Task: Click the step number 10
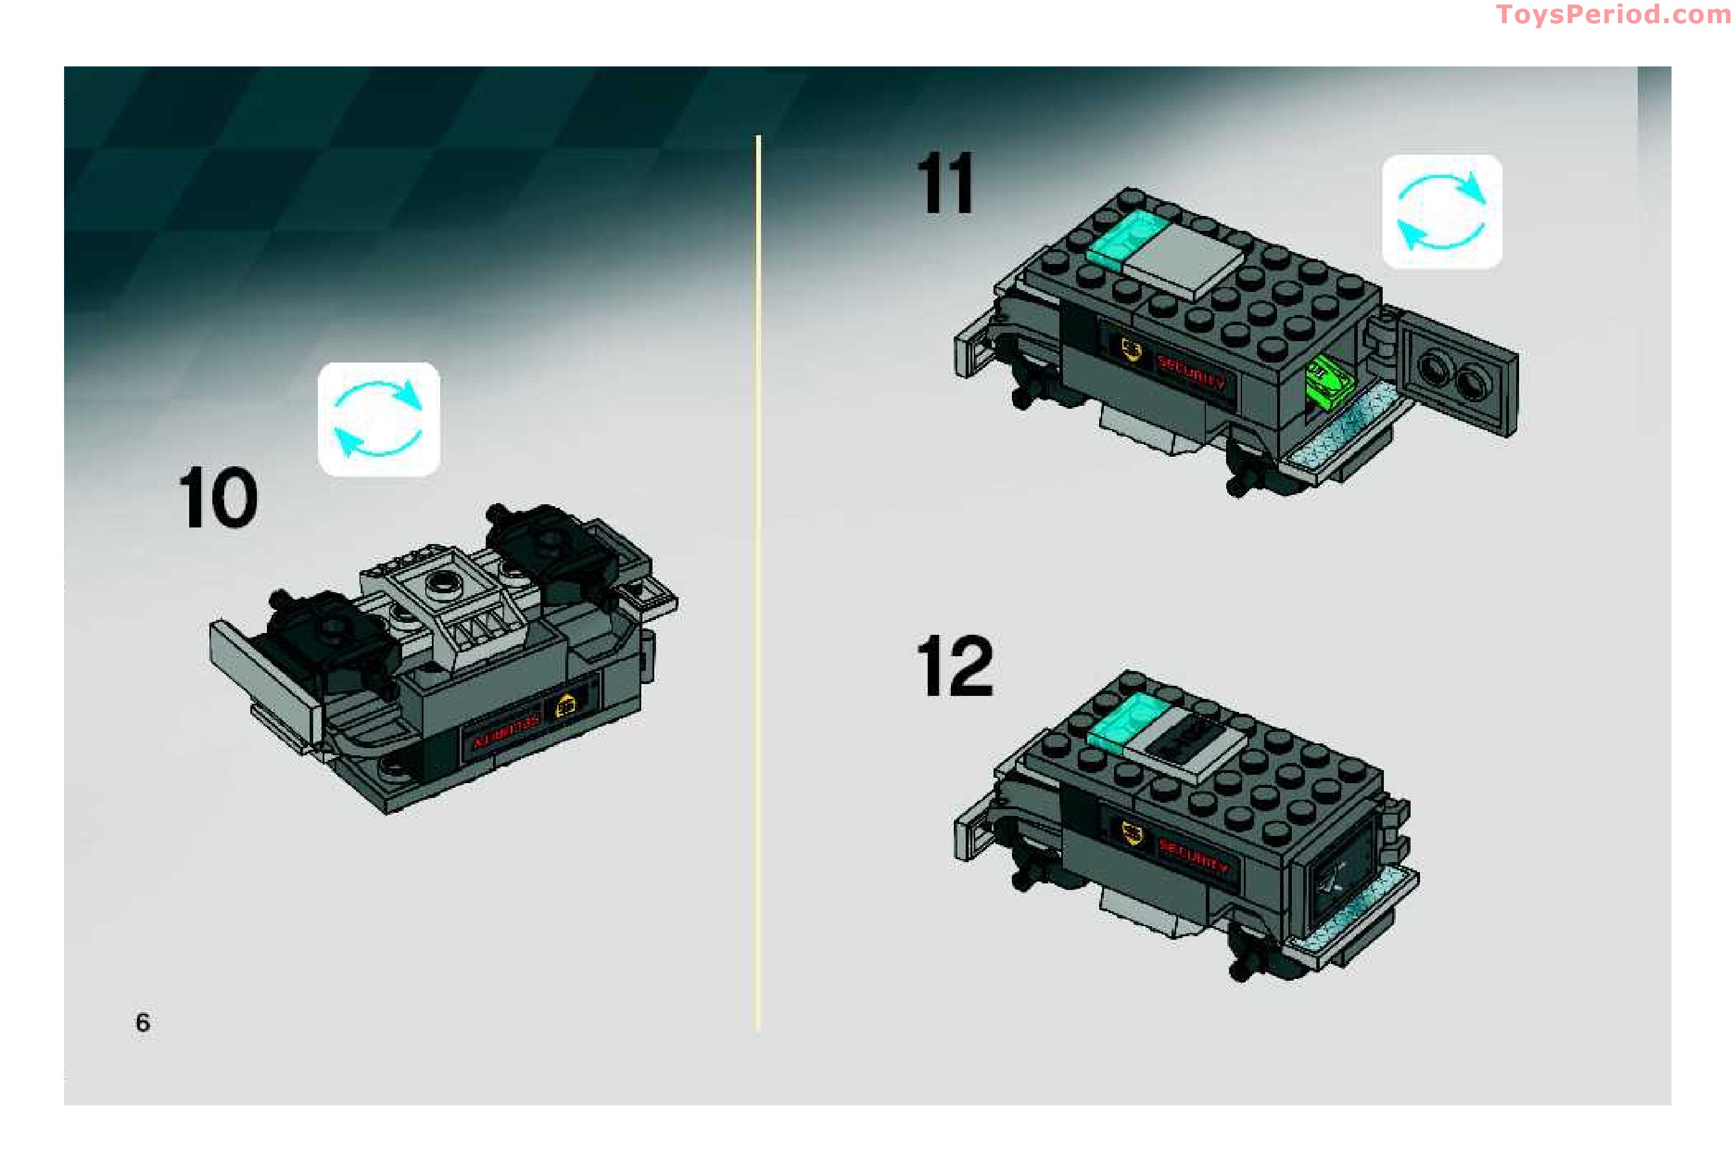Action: [218, 498]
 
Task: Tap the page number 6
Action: [142, 1023]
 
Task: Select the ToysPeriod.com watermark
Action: [1612, 14]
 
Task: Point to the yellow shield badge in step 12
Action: [1132, 834]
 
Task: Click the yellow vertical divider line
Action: [757, 580]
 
